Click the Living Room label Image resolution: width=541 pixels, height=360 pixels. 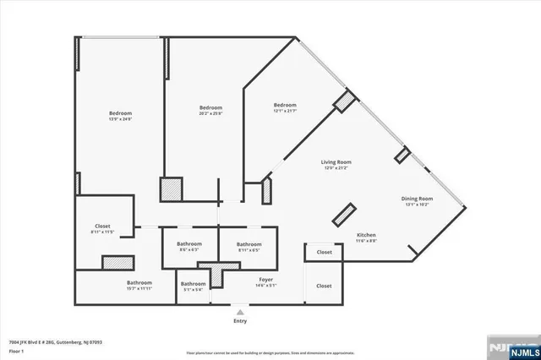[x=336, y=161]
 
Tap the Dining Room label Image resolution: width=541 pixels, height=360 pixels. [x=417, y=199]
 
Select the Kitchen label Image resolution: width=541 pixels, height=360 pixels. [x=366, y=235]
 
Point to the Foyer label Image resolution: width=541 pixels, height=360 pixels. [x=265, y=279]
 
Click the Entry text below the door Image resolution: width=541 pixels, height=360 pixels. [x=240, y=321]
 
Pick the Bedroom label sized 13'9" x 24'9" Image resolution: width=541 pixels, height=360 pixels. [x=120, y=113]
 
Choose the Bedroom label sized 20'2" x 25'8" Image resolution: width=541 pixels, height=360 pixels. [x=210, y=107]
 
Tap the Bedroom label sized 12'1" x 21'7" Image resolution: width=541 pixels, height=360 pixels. [x=284, y=105]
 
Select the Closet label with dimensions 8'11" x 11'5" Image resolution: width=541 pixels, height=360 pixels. [x=103, y=226]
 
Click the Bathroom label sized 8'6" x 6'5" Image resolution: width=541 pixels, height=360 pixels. [x=189, y=244]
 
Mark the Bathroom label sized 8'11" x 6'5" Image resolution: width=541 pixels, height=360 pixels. [x=249, y=244]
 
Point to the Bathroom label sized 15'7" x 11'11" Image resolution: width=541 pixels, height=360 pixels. [x=139, y=282]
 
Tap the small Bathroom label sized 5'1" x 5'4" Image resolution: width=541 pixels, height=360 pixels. [x=193, y=284]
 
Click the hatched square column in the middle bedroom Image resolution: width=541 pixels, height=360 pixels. [x=172, y=188]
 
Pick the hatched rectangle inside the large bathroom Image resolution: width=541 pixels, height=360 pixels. [x=118, y=261]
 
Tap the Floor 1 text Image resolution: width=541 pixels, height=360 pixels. [x=14, y=349]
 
